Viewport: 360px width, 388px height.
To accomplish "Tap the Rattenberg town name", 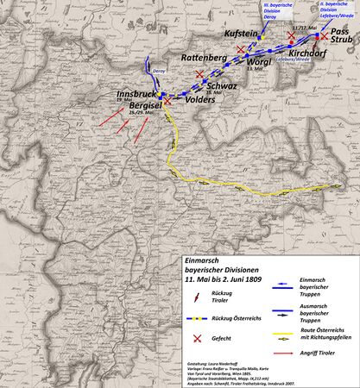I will (x=205, y=57).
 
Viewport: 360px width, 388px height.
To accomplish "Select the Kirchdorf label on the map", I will (x=306, y=53).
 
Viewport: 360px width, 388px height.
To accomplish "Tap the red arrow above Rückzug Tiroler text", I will (x=197, y=297).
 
